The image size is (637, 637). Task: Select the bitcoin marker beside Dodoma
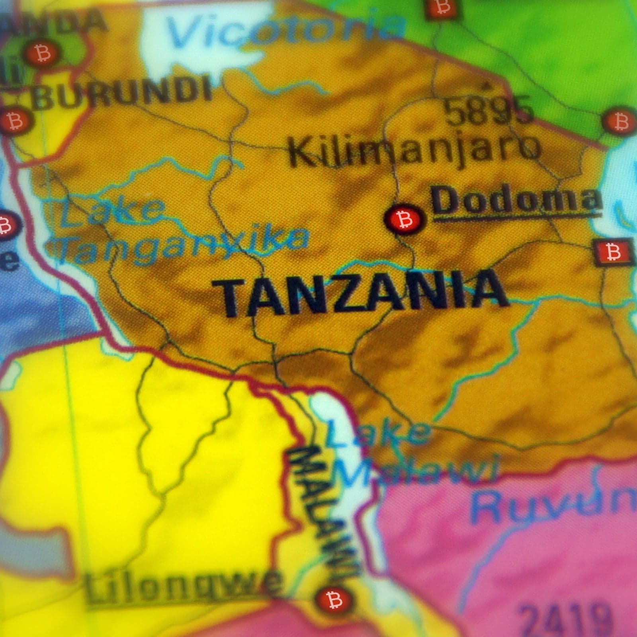click(x=405, y=218)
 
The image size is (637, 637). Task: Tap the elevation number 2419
click(x=567, y=623)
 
